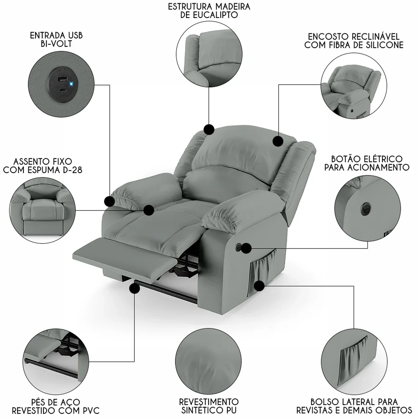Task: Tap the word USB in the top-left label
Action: pyautogui.click(x=75, y=35)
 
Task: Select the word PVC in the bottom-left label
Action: pyautogui.click(x=90, y=410)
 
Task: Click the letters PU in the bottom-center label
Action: pyautogui.click(x=229, y=410)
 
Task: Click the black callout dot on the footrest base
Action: pyautogui.click(x=135, y=289)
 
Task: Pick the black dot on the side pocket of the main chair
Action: pyautogui.click(x=259, y=286)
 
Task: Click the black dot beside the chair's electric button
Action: pyautogui.click(x=246, y=248)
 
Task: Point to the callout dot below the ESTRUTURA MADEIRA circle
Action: pyautogui.click(x=209, y=129)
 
